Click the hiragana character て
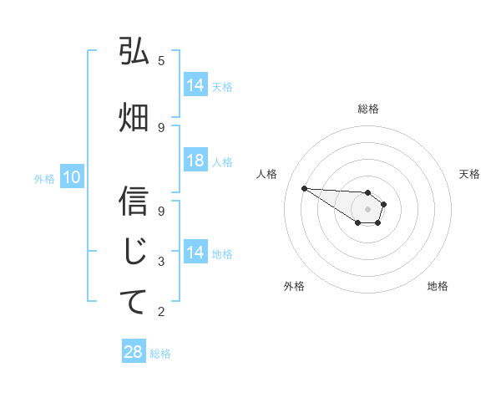pyautogui.click(x=134, y=302)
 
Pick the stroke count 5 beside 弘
pyautogui.click(x=161, y=60)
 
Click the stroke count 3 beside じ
pyautogui.click(x=161, y=262)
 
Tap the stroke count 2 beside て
pyautogui.click(x=161, y=312)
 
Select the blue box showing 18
pyautogui.click(x=195, y=161)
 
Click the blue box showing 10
pyautogui.click(x=71, y=177)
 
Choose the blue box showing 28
pyautogui.click(x=134, y=352)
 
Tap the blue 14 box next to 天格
pyautogui.click(x=195, y=85)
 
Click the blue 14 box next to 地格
pyautogui.click(x=195, y=253)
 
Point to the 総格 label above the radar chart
pyautogui.click(x=367, y=109)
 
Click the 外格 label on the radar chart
pyautogui.click(x=294, y=286)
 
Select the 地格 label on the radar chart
pyautogui.click(x=438, y=286)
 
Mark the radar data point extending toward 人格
pyautogui.click(x=304, y=188)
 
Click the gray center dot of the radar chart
pyautogui.click(x=367, y=209)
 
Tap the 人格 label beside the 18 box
pyautogui.click(x=222, y=161)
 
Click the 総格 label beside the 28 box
pyautogui.click(x=160, y=353)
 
